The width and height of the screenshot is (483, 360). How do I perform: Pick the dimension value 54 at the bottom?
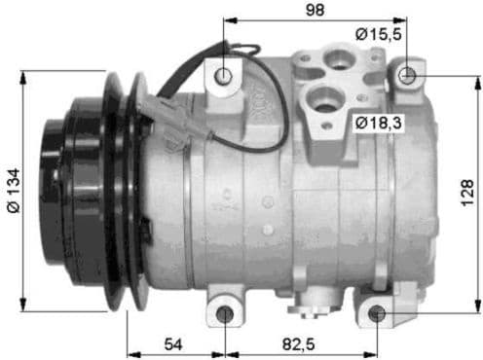point(174,345)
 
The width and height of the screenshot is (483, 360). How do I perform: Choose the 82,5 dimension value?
point(298,345)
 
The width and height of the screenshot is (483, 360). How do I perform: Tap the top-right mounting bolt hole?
point(407,74)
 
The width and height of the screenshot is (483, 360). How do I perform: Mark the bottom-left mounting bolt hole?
point(225,314)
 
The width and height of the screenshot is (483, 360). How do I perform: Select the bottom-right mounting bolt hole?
point(376,314)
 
